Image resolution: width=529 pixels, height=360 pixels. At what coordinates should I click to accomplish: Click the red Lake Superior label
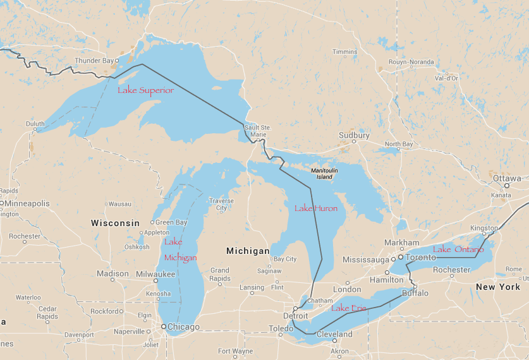pyautogui.click(x=145, y=90)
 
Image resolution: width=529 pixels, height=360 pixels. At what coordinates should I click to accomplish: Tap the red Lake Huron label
pyautogui.click(x=316, y=208)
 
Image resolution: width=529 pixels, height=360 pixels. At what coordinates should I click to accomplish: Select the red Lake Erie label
pyautogui.click(x=349, y=308)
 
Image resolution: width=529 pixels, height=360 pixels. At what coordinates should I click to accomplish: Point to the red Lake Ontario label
pyautogui.click(x=458, y=249)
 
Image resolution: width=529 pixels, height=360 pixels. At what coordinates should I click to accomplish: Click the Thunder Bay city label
pyautogui.click(x=94, y=61)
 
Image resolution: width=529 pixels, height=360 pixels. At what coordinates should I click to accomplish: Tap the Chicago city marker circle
pyautogui.click(x=163, y=327)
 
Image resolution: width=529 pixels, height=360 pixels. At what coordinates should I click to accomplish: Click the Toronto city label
pyautogui.click(x=421, y=258)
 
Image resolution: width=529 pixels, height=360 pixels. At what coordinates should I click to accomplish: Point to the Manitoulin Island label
pyautogui.click(x=324, y=174)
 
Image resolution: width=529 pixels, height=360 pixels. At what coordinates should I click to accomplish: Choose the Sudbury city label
pyautogui.click(x=354, y=135)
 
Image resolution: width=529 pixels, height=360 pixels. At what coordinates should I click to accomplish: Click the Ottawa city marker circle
pyautogui.click(x=507, y=186)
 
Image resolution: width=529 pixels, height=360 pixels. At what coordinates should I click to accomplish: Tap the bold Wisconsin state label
pyautogui.click(x=115, y=223)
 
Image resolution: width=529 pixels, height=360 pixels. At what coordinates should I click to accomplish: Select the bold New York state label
pyautogui.click(x=498, y=287)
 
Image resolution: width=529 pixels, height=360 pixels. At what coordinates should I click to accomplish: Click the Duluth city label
pyautogui.click(x=35, y=124)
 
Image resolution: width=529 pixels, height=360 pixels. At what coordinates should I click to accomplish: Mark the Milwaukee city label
pyautogui.click(x=155, y=273)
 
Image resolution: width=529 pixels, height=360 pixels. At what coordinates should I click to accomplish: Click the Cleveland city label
pyautogui.click(x=335, y=334)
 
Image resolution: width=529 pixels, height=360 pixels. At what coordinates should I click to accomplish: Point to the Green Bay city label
pyautogui.click(x=171, y=222)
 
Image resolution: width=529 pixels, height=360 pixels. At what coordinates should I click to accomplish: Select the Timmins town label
pyautogui.click(x=344, y=52)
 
